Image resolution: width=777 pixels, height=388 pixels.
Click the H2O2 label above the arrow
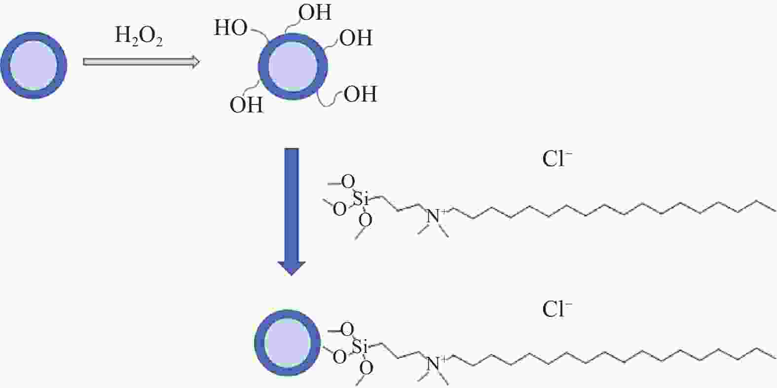coord(139,36)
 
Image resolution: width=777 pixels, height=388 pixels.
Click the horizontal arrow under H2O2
coord(141,62)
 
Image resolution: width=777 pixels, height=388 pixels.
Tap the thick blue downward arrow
coord(292,212)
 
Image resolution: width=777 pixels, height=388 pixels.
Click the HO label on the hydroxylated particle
coord(231,28)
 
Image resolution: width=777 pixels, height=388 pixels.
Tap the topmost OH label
coord(315,12)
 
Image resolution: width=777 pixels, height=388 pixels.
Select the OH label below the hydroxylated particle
coord(247,105)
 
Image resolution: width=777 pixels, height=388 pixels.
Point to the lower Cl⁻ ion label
coord(557,309)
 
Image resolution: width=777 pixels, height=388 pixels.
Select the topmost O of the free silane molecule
coord(348,181)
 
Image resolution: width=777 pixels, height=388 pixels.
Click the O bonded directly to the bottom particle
coord(339,357)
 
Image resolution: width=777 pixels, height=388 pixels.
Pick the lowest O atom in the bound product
coord(366,368)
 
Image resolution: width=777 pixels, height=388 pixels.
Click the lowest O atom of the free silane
coord(365,220)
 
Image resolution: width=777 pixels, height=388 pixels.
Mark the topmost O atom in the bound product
coord(347,329)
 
